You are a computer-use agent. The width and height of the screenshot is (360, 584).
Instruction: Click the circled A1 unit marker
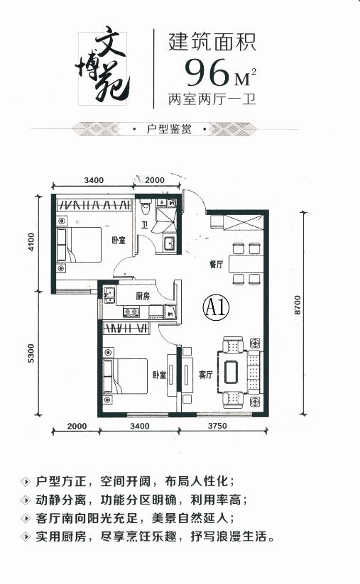click(x=216, y=307)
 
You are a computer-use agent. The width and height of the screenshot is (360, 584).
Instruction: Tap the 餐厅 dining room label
click(x=216, y=265)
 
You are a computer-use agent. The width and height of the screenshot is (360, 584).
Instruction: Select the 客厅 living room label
click(x=205, y=374)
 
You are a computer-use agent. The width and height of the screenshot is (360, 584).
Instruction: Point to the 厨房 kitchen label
click(x=143, y=296)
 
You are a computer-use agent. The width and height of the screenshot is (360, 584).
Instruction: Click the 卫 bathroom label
click(x=145, y=226)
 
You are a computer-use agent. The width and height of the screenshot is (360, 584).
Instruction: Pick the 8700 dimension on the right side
click(x=297, y=305)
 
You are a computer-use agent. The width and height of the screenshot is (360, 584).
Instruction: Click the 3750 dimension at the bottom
click(x=217, y=426)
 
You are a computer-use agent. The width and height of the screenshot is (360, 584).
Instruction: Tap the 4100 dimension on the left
click(x=31, y=241)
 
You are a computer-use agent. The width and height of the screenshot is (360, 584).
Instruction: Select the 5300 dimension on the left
click(x=31, y=353)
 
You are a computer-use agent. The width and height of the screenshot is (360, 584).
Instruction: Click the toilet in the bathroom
click(x=146, y=207)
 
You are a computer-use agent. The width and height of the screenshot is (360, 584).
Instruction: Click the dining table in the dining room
click(x=246, y=264)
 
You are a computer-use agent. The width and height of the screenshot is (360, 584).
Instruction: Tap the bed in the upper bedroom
click(x=79, y=244)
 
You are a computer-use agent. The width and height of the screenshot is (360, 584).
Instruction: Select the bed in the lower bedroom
click(x=125, y=376)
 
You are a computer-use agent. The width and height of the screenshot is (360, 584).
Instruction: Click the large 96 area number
click(x=207, y=72)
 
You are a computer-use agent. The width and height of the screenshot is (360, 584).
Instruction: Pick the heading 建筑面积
click(x=212, y=42)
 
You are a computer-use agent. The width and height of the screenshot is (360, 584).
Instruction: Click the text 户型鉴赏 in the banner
click(x=169, y=129)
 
